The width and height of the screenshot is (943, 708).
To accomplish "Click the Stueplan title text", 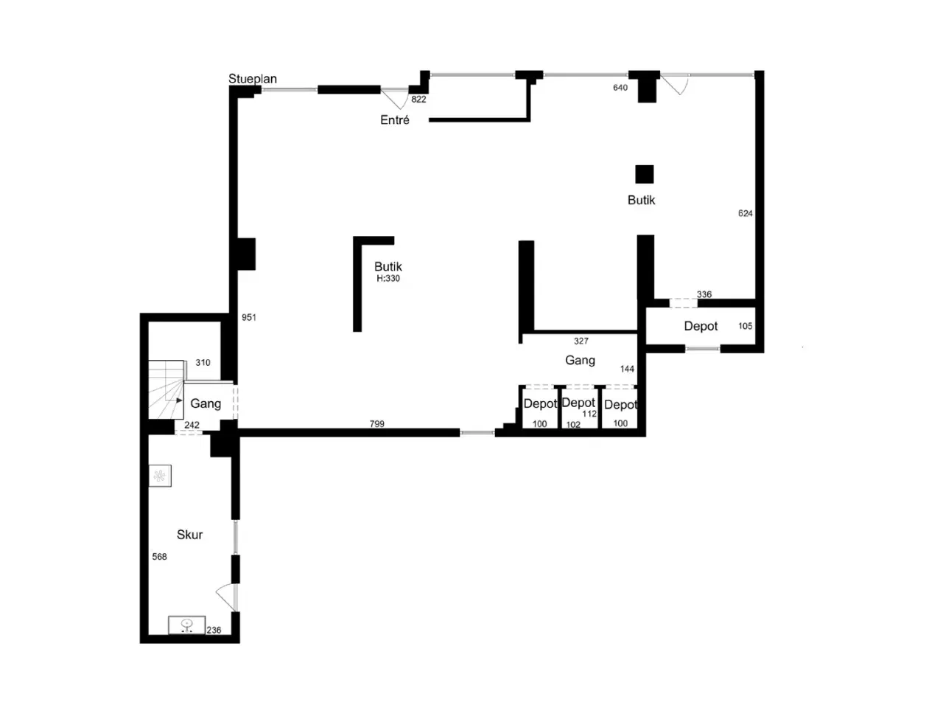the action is click(252, 79).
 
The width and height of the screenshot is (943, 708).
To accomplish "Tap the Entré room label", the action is click(394, 120).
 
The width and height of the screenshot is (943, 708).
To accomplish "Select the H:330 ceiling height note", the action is click(388, 279).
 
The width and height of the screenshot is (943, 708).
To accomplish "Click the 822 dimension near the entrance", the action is click(418, 100).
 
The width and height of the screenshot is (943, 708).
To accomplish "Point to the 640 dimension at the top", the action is click(620, 88).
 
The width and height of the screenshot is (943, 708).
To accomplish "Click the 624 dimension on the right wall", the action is click(745, 213).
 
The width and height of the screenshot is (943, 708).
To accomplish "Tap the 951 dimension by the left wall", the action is click(249, 317).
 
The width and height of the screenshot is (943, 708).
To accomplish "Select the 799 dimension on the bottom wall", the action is click(376, 424).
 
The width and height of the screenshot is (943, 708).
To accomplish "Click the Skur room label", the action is click(189, 535).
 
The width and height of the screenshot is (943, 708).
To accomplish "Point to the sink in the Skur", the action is click(186, 625).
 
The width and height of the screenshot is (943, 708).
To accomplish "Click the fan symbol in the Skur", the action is click(160, 476).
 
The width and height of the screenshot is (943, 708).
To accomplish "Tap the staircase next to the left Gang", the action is click(166, 389).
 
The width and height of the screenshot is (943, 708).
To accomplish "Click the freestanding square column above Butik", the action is click(645, 174).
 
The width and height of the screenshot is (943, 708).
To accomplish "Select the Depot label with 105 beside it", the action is click(701, 326).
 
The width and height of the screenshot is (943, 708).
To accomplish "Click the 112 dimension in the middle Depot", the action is click(589, 414).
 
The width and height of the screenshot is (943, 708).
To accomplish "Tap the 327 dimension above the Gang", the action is click(581, 341).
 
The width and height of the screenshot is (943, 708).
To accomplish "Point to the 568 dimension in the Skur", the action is click(159, 557).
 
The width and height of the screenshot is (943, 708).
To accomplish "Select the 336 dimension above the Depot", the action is click(704, 294).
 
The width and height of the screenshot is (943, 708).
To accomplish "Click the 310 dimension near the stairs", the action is click(203, 362).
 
